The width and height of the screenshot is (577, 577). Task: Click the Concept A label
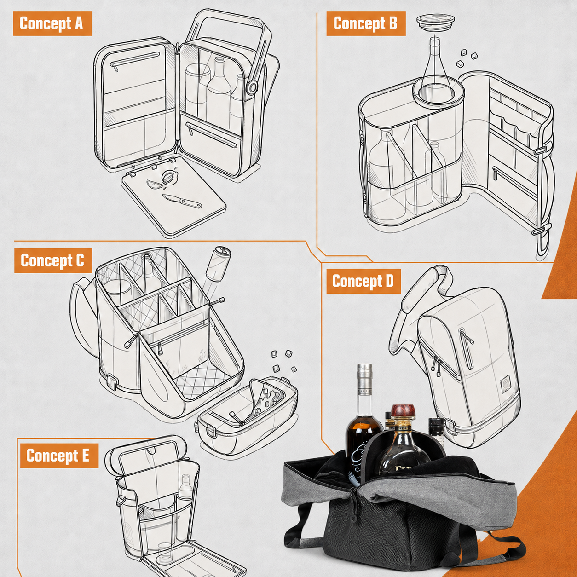[52, 23]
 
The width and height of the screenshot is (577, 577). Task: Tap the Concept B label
[366, 23]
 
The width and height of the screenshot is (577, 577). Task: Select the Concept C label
[53, 260]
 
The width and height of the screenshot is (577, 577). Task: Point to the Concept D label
[363, 281]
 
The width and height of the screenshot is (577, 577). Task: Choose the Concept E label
[59, 456]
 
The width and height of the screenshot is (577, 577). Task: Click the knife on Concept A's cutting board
[182, 201]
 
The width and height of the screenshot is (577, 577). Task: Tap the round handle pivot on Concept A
[252, 87]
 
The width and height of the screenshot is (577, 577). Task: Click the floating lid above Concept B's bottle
[435, 22]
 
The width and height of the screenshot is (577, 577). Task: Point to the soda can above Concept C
[218, 264]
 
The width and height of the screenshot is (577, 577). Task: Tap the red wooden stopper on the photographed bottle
[404, 413]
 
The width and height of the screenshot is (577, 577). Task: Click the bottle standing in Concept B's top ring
[435, 67]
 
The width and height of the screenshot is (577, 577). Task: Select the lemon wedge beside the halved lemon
[154, 185]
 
